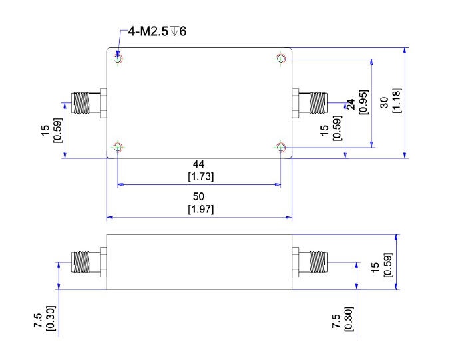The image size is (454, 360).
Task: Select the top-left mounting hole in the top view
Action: tap(118, 59)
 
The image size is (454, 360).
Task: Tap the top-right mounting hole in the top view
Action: tap(281, 59)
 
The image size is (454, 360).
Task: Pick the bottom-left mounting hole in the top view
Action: tap(118, 147)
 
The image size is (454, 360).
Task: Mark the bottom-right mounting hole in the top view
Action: tap(281, 147)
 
